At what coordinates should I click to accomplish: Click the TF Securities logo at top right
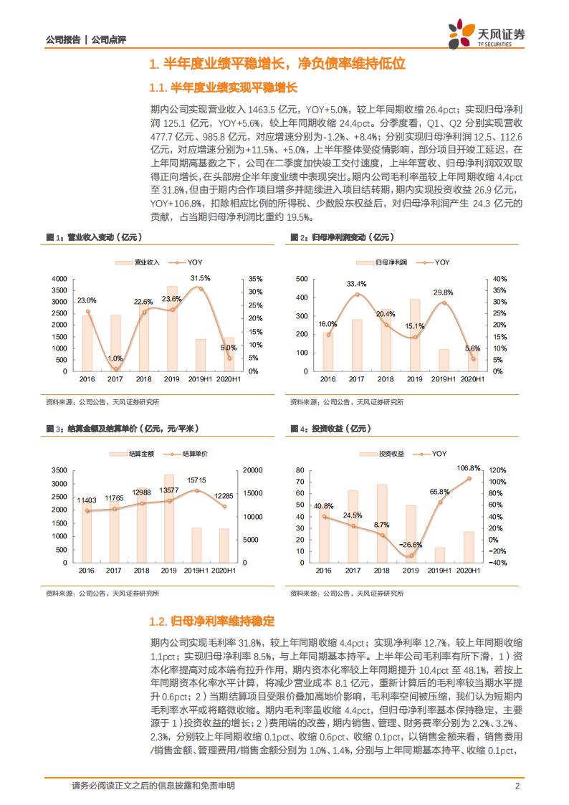click(487, 33)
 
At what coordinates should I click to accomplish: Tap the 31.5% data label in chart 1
click(200, 277)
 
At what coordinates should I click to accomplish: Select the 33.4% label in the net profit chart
click(356, 284)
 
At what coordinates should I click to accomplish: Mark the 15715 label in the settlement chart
click(197, 480)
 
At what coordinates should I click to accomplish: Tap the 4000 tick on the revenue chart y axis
click(59, 279)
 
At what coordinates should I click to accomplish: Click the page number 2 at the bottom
click(517, 786)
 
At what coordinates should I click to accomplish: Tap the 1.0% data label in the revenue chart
click(115, 358)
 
